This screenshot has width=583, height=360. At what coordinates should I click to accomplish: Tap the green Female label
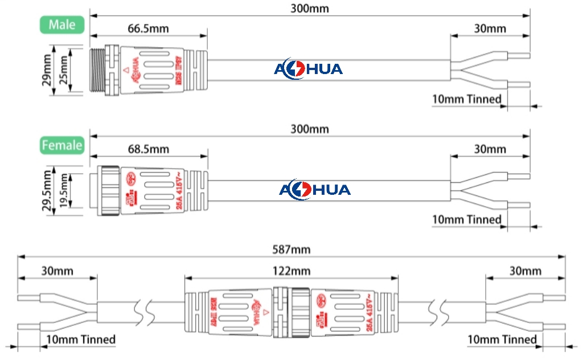point(62,145)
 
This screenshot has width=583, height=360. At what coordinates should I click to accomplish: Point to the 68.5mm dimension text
point(148,149)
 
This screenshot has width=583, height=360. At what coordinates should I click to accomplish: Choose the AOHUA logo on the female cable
point(314,190)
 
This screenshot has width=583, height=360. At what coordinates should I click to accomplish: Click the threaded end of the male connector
point(98,69)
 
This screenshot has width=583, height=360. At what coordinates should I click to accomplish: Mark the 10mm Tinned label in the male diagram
point(467,100)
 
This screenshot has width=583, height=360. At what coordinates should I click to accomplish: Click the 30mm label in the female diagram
point(490,149)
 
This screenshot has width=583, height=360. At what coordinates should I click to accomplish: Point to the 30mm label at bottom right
point(525,270)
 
